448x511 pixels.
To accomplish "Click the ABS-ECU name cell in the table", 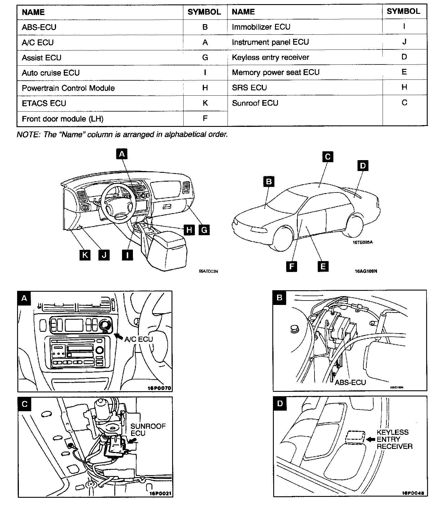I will pyautogui.click(x=39, y=27).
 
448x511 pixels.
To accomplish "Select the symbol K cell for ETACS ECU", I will pyautogui.click(x=205, y=103).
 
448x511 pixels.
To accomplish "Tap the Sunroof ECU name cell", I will pyautogui.click(x=255, y=103).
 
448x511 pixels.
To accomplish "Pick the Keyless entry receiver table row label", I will pyautogui.click(x=270, y=57).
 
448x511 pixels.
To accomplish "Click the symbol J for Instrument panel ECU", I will pyautogui.click(x=404, y=42).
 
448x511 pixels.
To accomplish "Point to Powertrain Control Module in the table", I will pyautogui.click(x=68, y=88).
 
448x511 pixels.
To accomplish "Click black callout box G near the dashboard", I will pyautogui.click(x=204, y=229).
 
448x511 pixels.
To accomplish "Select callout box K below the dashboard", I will pyautogui.click(x=85, y=255).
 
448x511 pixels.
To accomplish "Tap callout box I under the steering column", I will pyautogui.click(x=127, y=255).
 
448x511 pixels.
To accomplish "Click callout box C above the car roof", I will pyautogui.click(x=327, y=157).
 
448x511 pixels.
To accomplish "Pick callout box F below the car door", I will pyautogui.click(x=291, y=266).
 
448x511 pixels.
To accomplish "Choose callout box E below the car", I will pyautogui.click(x=323, y=266).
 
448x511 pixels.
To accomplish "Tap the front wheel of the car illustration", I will pyautogui.click(x=283, y=238).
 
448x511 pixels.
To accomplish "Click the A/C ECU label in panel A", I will pyautogui.click(x=139, y=339).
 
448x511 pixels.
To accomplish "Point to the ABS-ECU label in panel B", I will pyautogui.click(x=350, y=382).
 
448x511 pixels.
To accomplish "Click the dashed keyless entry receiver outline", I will pyautogui.click(x=355, y=437).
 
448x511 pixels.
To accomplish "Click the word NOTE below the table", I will pyautogui.click(x=28, y=135).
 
